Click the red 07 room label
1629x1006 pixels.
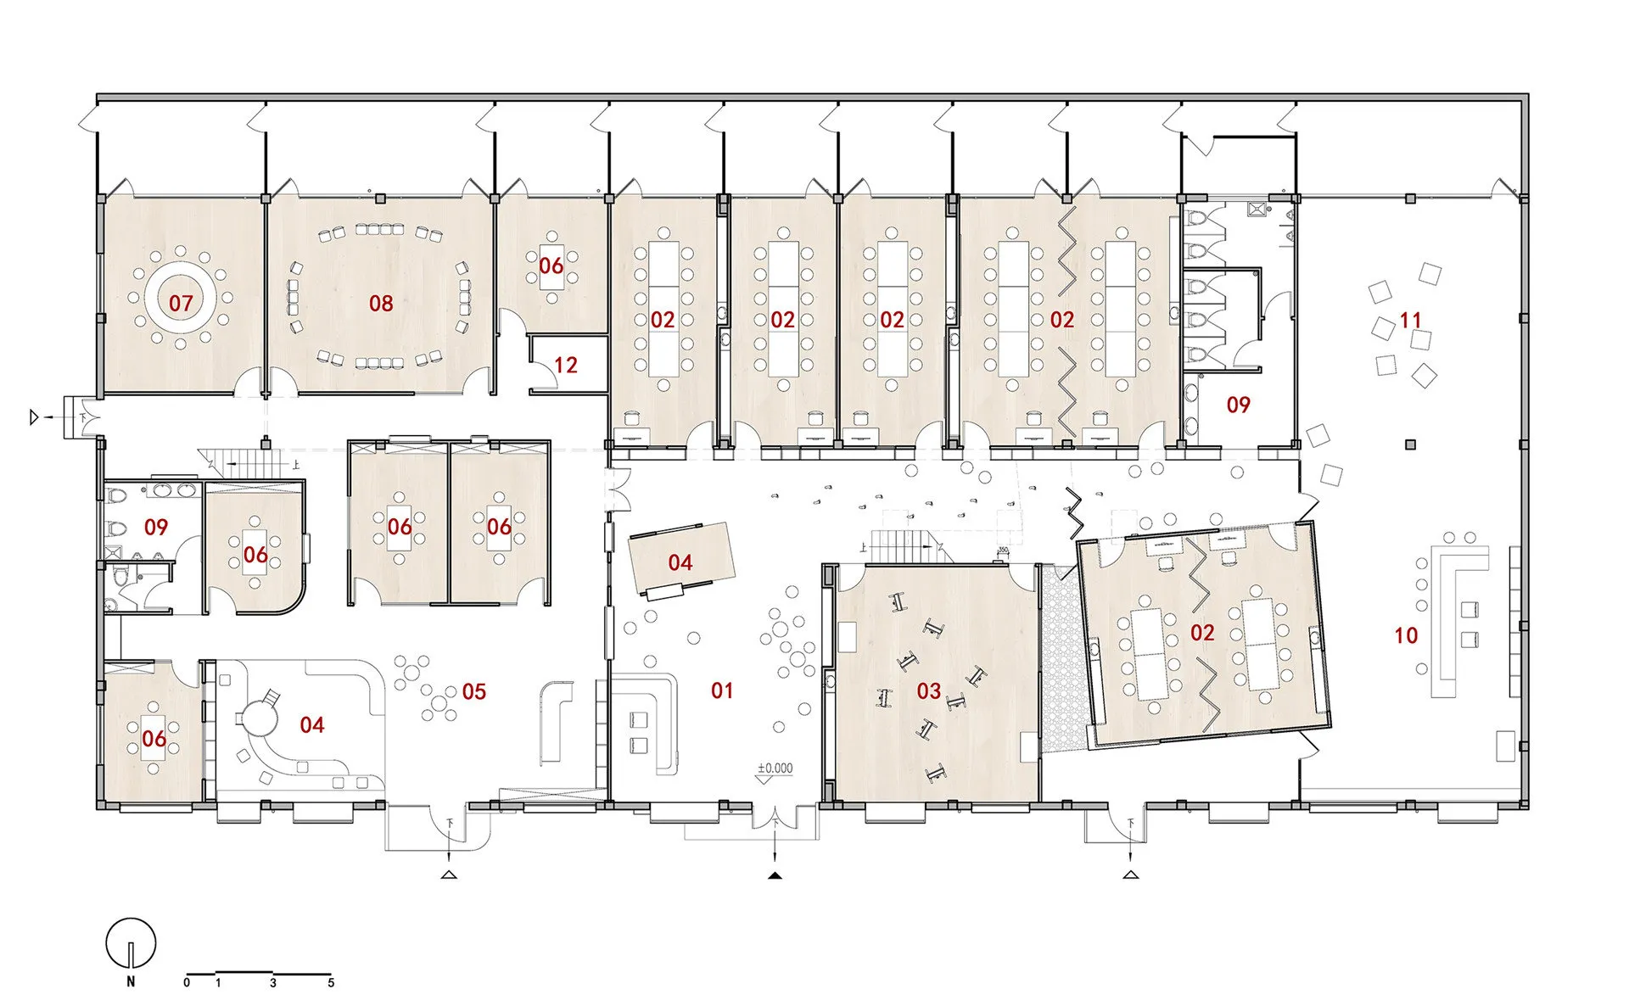(181, 303)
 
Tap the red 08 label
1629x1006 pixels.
(381, 303)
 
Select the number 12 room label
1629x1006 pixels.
(565, 365)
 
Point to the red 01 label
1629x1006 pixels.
(722, 690)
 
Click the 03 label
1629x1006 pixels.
(929, 690)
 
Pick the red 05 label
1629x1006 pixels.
(474, 691)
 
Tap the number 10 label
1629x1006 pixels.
(1406, 634)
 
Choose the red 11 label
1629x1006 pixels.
(1410, 320)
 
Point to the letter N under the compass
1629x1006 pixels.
(131, 981)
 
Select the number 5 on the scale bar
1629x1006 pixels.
(331, 982)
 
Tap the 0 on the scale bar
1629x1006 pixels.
(187, 982)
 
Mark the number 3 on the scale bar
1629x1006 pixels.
(273, 982)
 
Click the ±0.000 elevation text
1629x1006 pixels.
(775, 768)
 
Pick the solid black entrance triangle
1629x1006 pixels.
(775, 875)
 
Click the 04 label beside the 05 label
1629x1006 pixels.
(312, 724)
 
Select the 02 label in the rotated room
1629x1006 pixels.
(1202, 632)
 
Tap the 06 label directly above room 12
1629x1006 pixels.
(551, 265)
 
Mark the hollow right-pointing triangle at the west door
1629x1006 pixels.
(35, 416)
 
